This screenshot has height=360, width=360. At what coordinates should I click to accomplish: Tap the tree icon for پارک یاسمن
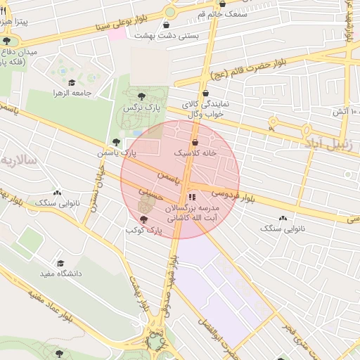117,142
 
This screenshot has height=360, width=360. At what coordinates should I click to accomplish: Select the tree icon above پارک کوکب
144,220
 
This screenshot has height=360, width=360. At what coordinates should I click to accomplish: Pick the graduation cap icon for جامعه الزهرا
72,82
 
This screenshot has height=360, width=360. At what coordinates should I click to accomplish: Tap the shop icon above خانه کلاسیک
194,142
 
